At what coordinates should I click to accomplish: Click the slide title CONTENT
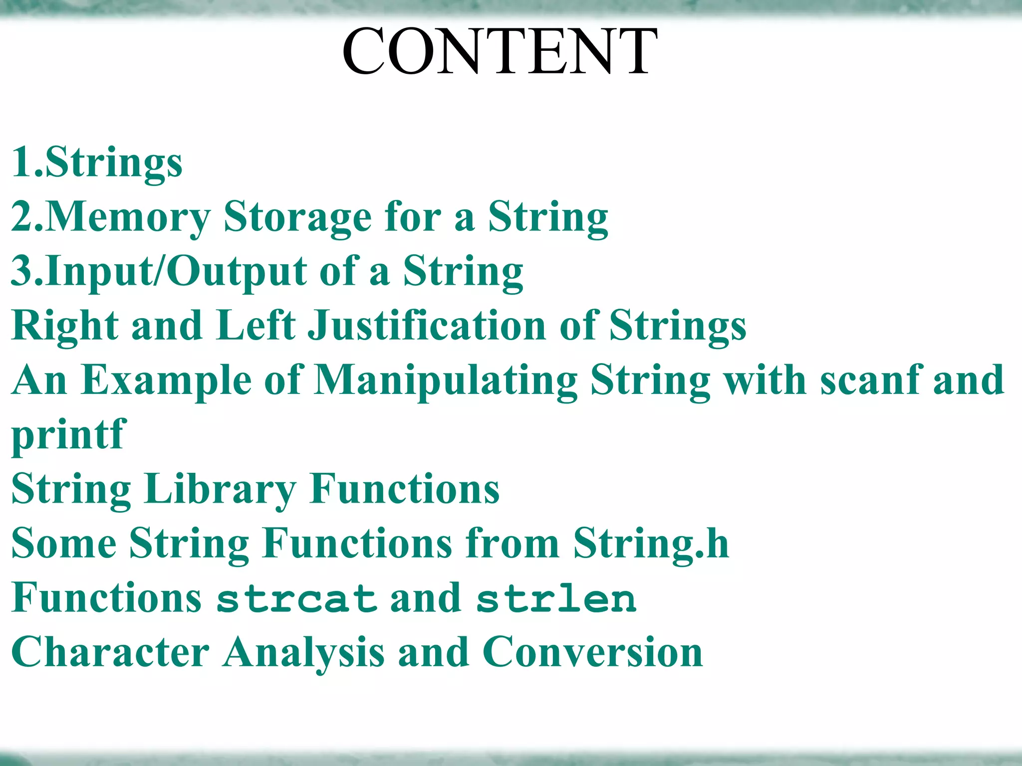[500, 51]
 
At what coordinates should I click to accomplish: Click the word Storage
[297, 217]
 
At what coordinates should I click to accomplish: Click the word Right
[65, 326]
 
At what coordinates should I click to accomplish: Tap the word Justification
[427, 326]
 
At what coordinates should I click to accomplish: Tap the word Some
[64, 544]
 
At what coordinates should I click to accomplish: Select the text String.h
[651, 544]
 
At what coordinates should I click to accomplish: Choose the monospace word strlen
[556, 598]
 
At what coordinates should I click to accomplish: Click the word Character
[110, 653]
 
